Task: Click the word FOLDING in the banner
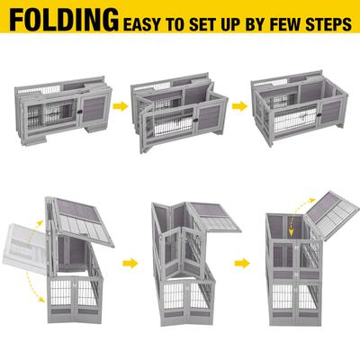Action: (62, 21)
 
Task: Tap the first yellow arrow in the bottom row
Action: (131, 265)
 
